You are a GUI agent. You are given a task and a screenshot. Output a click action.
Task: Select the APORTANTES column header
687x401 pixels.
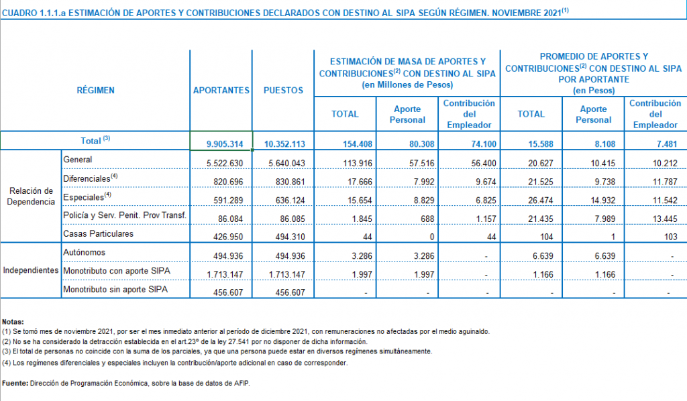click(221, 91)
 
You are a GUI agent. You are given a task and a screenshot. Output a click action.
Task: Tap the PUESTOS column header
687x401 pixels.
click(283, 91)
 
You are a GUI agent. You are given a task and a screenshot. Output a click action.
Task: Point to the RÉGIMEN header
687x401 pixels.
click(95, 91)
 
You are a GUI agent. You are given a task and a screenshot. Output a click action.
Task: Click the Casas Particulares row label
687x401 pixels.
click(98, 234)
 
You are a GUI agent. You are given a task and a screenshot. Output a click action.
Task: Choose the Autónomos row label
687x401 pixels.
click(84, 253)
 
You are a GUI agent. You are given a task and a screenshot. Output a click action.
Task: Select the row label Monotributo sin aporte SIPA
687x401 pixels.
click(115, 290)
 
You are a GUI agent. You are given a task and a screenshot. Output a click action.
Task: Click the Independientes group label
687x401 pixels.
click(30, 271)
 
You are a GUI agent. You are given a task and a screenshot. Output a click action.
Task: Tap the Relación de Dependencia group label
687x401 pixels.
click(30, 196)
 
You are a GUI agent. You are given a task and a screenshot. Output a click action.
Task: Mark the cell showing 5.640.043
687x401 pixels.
click(285, 163)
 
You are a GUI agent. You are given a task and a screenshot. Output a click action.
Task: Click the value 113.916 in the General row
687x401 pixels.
click(346, 163)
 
